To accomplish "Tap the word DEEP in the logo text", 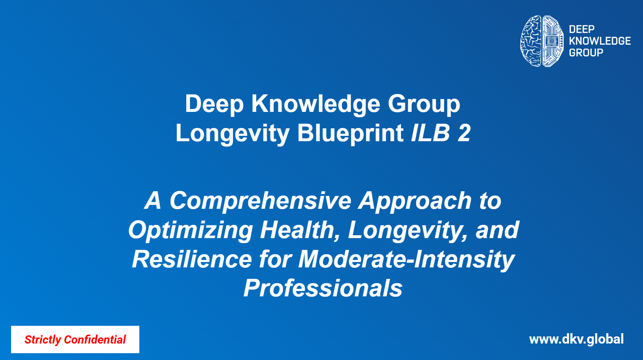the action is [582, 29].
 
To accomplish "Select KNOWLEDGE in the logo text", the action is [600, 41].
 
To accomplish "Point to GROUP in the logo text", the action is [586, 53].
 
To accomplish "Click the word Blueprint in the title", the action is [350, 133].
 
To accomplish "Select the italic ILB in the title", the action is [430, 133].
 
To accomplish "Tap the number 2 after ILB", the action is [464, 133].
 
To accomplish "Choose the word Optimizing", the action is [191, 231].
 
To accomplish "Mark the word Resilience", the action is [192, 259].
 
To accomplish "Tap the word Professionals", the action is [323, 289].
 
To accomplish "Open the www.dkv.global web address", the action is [577, 339].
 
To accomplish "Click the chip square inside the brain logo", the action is [552, 41].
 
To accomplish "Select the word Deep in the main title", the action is [214, 104].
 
